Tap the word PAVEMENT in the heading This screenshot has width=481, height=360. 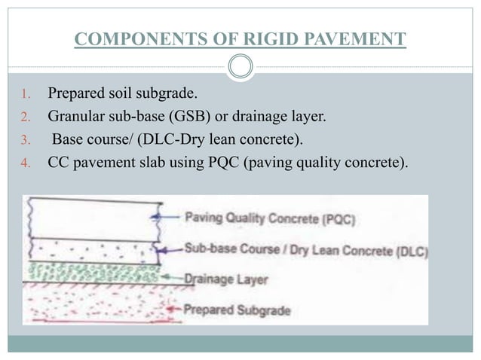coord(360,38)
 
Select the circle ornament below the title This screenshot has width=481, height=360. coord(240,66)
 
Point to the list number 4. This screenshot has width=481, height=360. coord(24,159)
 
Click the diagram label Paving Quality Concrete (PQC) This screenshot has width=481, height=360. coord(271,220)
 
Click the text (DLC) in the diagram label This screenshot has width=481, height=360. coord(409,252)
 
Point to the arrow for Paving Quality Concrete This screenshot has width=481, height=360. coord(170,218)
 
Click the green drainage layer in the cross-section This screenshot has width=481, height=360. coord(90,270)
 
